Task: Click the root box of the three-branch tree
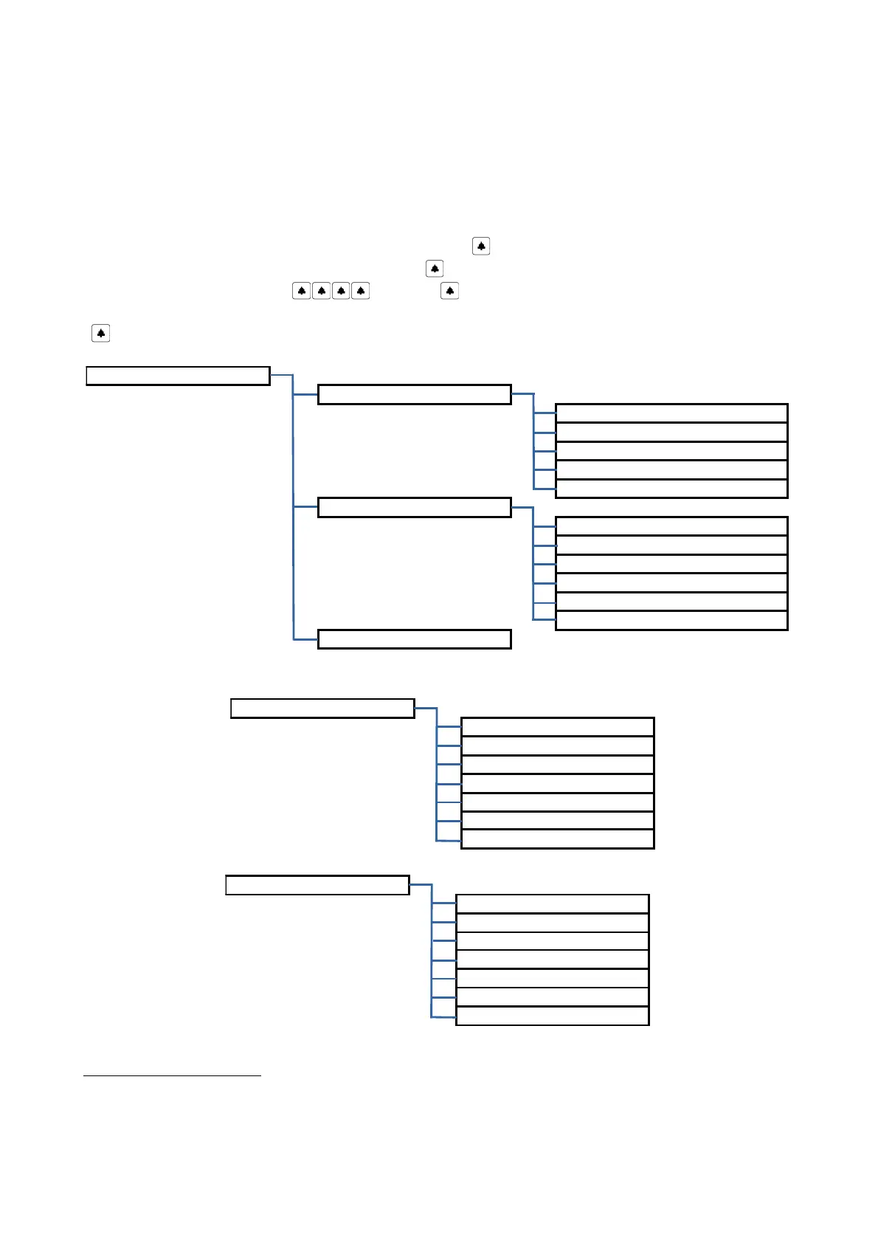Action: point(178,376)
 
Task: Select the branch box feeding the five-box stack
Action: point(414,394)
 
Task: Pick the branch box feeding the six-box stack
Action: point(414,507)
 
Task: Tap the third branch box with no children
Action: point(414,639)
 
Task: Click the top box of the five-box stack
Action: point(671,413)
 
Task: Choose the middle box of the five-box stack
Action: point(671,451)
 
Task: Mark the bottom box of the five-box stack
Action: point(671,489)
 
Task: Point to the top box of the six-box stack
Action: point(671,526)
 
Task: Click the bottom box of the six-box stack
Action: point(671,621)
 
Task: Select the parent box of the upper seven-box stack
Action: point(322,708)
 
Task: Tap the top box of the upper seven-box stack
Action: point(557,726)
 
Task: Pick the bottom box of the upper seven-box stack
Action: point(557,839)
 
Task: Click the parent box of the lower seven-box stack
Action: point(317,885)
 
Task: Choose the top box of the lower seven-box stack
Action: point(552,903)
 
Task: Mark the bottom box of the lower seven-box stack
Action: point(552,1016)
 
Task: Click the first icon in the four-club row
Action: point(301,291)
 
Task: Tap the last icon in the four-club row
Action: point(360,291)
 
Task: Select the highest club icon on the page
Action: point(481,246)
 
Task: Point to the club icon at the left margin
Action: point(100,334)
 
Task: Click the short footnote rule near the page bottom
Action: point(172,1076)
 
